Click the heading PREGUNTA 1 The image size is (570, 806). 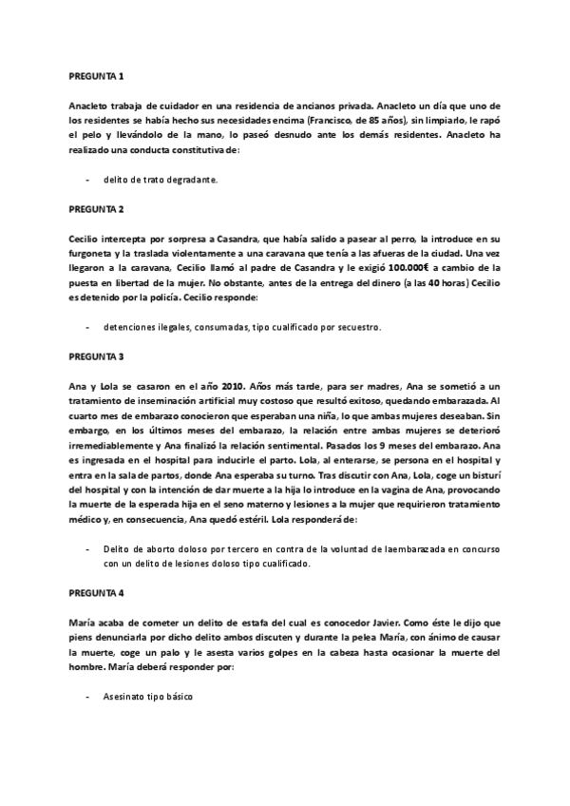pos(97,75)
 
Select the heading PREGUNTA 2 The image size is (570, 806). pos(97,206)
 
